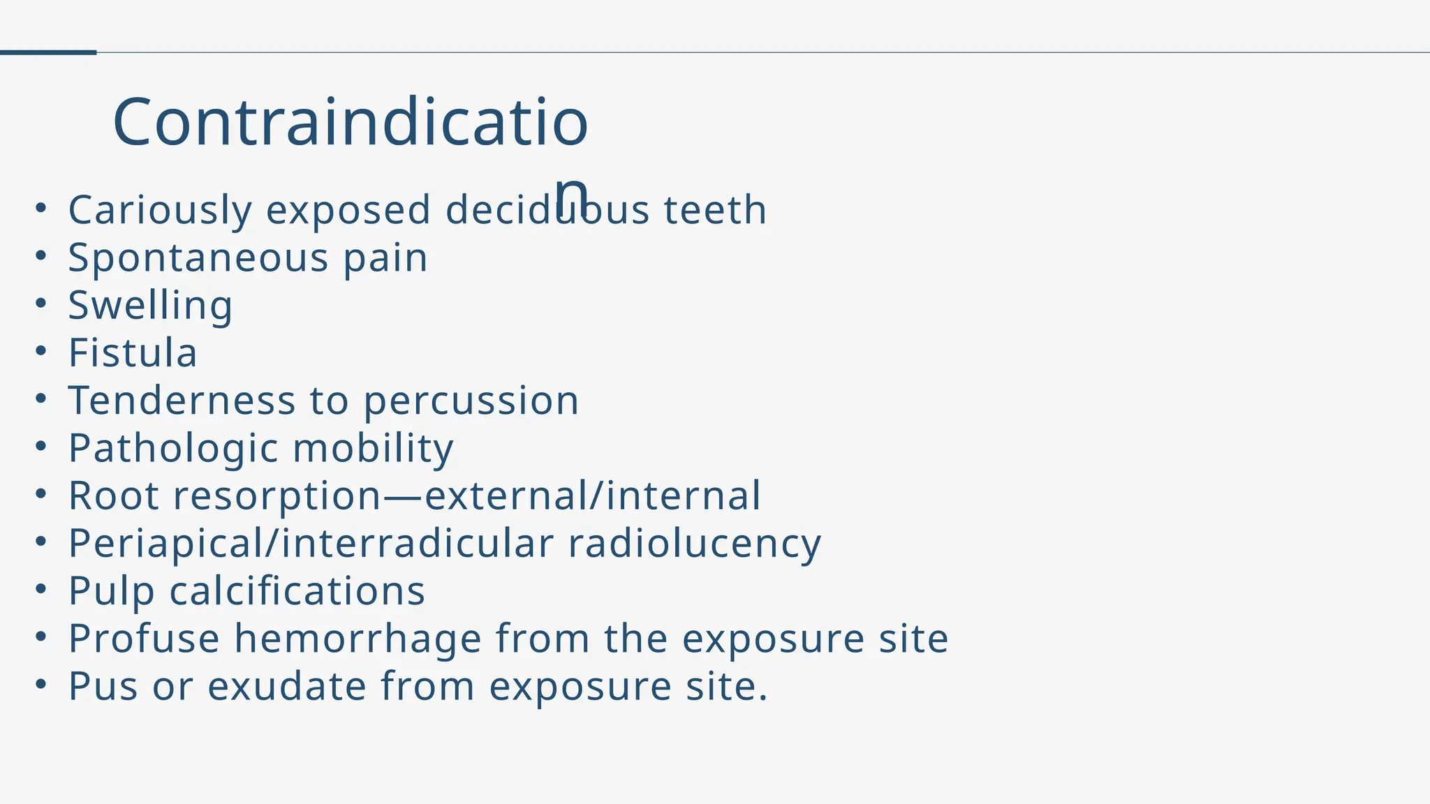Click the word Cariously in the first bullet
pos(160,210)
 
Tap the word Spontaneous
pos(198,258)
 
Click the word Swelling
pos(150,306)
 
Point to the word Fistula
pos(133,353)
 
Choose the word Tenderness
pos(182,401)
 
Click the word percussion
pos(471,402)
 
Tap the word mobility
pos(373,448)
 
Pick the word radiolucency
pos(694,544)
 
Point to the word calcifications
pos(297,591)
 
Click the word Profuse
pos(144,639)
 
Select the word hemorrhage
pos(357,639)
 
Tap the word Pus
pos(103,686)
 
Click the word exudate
pos(286,686)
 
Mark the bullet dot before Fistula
pos(41,351)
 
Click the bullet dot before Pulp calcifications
pos(41,589)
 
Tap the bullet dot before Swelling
pos(41,304)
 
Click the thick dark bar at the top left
pos(47,52)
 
